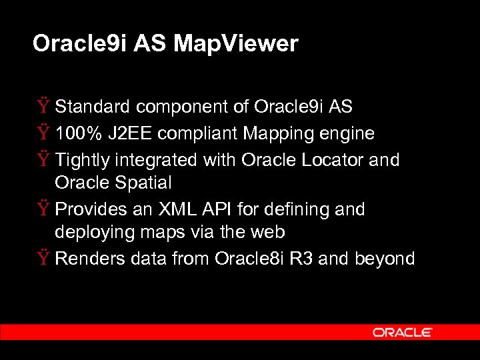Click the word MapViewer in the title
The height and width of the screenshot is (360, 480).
click(x=236, y=44)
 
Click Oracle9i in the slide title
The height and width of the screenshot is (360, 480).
click(x=80, y=44)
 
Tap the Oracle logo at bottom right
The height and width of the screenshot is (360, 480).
click(x=403, y=332)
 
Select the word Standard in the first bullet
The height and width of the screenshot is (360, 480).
click(x=93, y=106)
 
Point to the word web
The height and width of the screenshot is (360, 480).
click(x=267, y=232)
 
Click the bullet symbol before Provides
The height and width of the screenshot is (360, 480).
click(x=43, y=209)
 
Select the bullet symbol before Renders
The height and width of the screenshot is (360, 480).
click(x=43, y=259)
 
